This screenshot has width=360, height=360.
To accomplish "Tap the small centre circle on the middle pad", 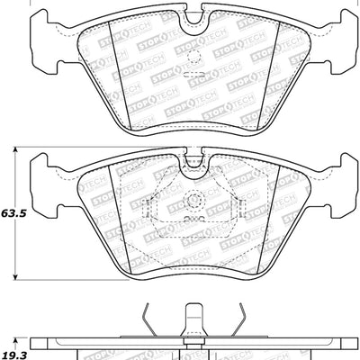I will (192, 202).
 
